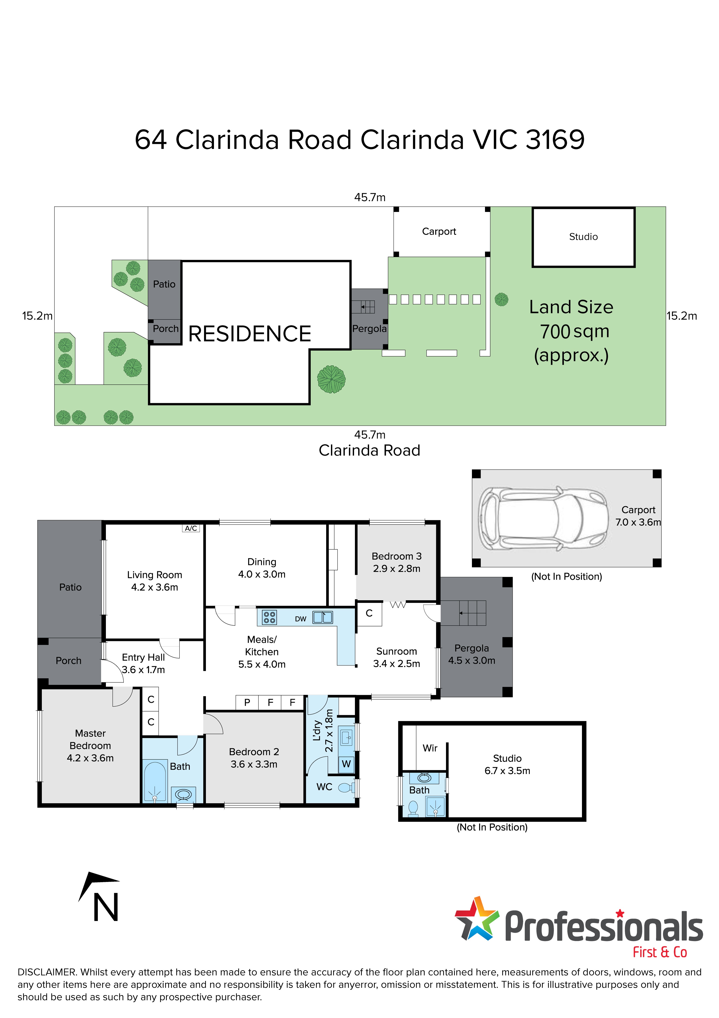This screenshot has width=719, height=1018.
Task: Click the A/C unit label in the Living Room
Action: [x=191, y=528]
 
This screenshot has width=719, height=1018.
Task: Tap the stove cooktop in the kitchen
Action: [x=270, y=617]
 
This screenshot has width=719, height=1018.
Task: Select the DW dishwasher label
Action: [x=300, y=619]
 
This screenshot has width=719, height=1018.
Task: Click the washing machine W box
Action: [x=346, y=763]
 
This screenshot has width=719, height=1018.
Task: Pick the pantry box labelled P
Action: [x=247, y=702]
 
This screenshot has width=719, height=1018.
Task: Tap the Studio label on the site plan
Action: [x=583, y=237]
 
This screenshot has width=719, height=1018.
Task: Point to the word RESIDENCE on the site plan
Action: [x=249, y=334]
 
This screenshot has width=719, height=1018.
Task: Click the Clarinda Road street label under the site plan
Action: [x=369, y=451]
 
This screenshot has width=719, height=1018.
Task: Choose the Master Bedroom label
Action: [x=90, y=746]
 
